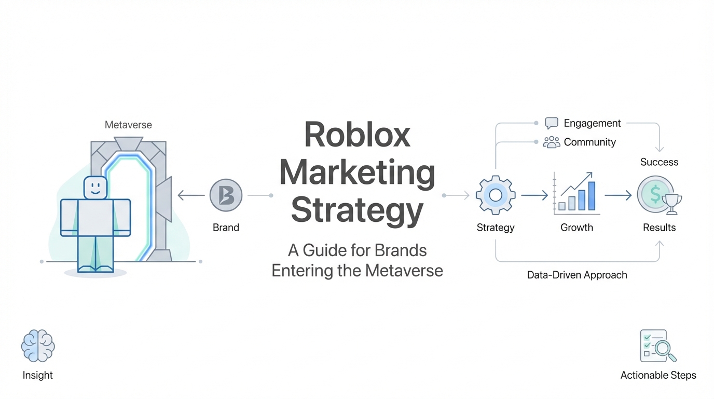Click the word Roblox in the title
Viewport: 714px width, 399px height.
coord(357,135)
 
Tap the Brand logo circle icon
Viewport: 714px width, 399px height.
coord(226,195)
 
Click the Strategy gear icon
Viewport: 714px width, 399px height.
coord(496,195)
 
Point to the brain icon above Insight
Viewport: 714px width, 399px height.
coord(38,345)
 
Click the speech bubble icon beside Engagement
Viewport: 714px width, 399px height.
coord(552,123)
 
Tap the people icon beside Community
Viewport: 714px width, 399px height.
coord(551,142)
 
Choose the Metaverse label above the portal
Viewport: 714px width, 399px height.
coord(128,125)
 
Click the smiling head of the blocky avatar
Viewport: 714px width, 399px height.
coord(95,188)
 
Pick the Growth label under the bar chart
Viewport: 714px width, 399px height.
coord(576,228)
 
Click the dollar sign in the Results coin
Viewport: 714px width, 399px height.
coord(655,195)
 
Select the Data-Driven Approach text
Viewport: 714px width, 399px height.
coord(577,275)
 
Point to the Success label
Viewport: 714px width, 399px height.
coord(659,162)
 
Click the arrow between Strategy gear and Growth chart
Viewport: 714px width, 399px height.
coord(534,195)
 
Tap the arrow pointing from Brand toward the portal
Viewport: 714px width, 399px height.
coord(191,195)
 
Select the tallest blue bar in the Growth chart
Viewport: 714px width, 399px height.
coord(592,195)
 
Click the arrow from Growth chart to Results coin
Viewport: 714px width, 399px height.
coord(617,195)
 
